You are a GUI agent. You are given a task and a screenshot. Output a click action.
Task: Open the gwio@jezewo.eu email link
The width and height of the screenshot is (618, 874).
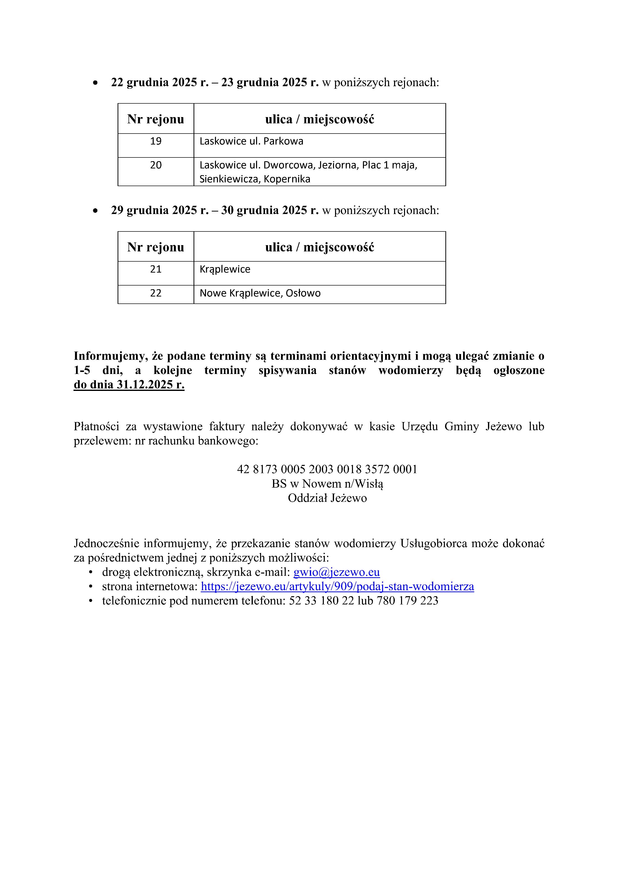tap(336, 572)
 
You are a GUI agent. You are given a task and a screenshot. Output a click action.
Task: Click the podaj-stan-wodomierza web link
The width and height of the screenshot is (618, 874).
tap(337, 586)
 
